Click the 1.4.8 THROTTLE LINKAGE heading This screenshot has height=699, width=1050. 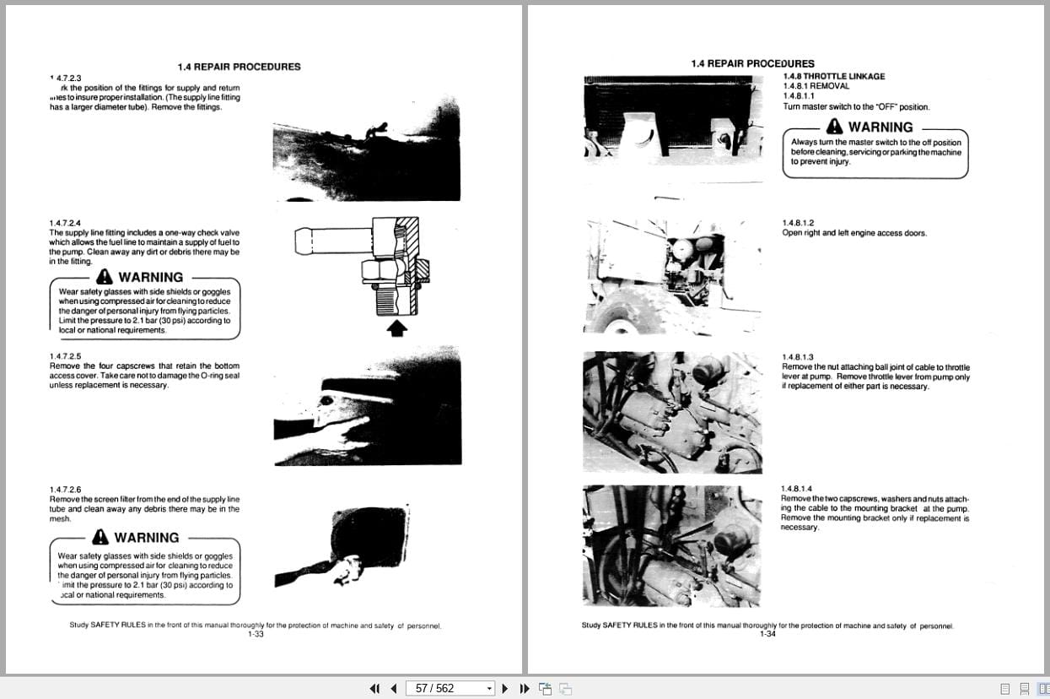pyautogui.click(x=833, y=76)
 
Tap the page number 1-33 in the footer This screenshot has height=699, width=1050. pyautogui.click(x=256, y=634)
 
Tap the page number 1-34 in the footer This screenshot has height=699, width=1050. pyautogui.click(x=767, y=634)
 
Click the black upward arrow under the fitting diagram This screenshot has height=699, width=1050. pyautogui.click(x=396, y=328)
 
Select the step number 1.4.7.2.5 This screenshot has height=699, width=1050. pyautogui.click(x=65, y=355)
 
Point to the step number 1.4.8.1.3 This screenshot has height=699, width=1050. pyautogui.click(x=797, y=357)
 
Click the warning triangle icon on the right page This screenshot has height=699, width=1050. pyautogui.click(x=834, y=127)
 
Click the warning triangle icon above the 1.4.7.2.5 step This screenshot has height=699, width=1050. pyautogui.click(x=104, y=277)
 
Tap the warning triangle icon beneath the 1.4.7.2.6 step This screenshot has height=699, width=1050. pyautogui.click(x=100, y=537)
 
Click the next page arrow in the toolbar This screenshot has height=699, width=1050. pyautogui.click(x=505, y=688)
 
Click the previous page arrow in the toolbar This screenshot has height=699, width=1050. pyautogui.click(x=393, y=688)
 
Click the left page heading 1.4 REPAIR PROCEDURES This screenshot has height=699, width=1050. pyautogui.click(x=239, y=67)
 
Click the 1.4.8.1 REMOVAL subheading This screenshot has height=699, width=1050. pyautogui.click(x=816, y=86)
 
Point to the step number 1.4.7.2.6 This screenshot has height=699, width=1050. pyautogui.click(x=65, y=490)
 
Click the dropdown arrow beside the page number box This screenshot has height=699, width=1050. pyautogui.click(x=489, y=689)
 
